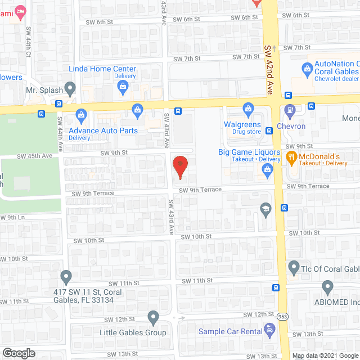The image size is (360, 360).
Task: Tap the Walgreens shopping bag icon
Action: pos(247,108)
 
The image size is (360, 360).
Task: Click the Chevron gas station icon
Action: pos(290,111)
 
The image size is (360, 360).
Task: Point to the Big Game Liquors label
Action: pos(249,152)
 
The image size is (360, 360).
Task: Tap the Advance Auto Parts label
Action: pos(103,131)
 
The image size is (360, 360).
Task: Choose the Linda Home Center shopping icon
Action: pos(122,85)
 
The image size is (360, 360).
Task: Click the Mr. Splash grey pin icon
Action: pos(70,88)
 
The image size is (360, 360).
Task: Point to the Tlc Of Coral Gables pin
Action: pos(293,267)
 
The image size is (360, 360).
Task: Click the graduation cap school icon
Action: pos(264,209)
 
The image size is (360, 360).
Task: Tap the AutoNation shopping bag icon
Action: pos(307,70)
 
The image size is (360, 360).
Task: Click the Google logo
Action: pos(18,353)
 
